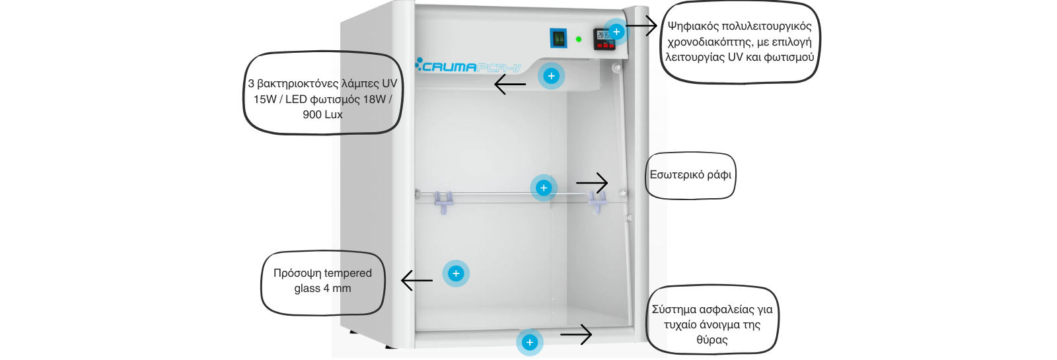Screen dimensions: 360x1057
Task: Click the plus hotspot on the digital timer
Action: pyautogui.click(x=616, y=32)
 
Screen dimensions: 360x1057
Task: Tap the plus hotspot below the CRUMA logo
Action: pyautogui.click(x=551, y=76)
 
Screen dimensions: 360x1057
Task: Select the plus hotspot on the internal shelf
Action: pyautogui.click(x=544, y=188)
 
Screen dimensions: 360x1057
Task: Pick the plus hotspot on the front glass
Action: pyautogui.click(x=456, y=273)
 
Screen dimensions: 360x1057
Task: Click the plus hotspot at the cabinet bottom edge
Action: pyautogui.click(x=529, y=342)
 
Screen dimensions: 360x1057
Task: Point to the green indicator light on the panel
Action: pyautogui.click(x=579, y=39)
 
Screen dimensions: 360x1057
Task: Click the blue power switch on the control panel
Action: pyautogui.click(x=559, y=38)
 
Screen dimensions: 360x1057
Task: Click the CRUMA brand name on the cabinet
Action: pyautogui.click(x=449, y=67)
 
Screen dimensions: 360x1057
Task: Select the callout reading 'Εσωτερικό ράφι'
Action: pyautogui.click(x=690, y=175)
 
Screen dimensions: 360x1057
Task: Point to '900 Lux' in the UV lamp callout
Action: pyautogui.click(x=322, y=114)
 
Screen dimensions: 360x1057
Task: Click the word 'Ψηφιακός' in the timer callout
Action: pyautogui.click(x=692, y=26)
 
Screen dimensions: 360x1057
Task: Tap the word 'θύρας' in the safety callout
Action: pyautogui.click(x=712, y=340)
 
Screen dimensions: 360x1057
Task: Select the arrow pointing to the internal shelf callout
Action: pyautogui.click(x=592, y=182)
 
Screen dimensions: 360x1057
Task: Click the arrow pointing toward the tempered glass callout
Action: pyautogui.click(x=417, y=280)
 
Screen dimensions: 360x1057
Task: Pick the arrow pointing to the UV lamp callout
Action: pyautogui.click(x=510, y=84)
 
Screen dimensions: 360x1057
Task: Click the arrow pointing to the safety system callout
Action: pyautogui.click(x=576, y=334)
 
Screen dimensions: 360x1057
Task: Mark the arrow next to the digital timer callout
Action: pyautogui.click(x=641, y=26)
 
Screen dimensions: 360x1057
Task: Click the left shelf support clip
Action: pyautogui.click(x=443, y=201)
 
